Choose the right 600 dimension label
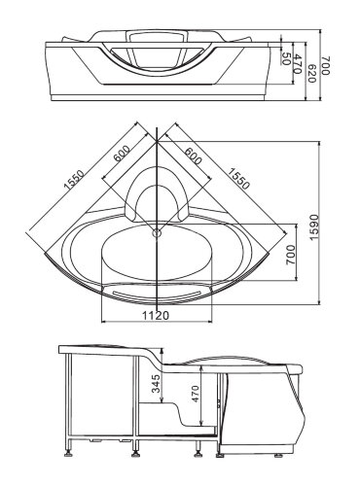[191, 158]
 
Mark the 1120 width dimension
[157, 313]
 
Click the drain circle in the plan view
[157, 231]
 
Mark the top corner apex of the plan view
[157, 125]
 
